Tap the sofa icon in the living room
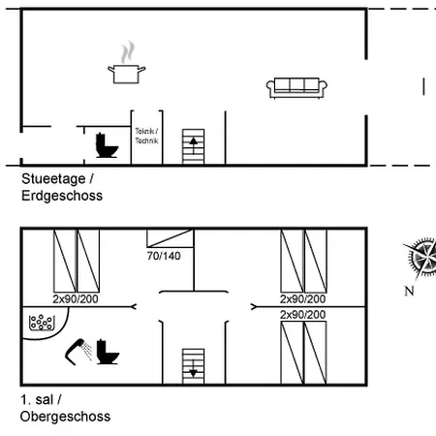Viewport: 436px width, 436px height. point(296,87)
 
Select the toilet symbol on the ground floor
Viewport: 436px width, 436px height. point(107,145)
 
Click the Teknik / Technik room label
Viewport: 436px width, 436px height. point(146,136)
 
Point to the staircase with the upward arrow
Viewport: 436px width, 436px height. point(193,147)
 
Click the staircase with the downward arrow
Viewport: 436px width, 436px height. point(193,366)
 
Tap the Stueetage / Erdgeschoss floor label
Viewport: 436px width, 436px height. point(62,187)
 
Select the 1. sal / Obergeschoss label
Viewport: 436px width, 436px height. point(65,408)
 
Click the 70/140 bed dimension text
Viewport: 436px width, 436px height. point(164,256)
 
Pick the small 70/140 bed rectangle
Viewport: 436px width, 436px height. point(171,238)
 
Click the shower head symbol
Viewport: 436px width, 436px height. point(78,352)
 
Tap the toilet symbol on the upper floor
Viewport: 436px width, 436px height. point(108,352)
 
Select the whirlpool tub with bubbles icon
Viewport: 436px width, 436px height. point(42,323)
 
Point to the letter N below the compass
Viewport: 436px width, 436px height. point(409,291)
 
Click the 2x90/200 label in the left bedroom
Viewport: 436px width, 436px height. point(76,299)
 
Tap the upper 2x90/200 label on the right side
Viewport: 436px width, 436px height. point(302,299)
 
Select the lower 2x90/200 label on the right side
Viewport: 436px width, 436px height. point(302,315)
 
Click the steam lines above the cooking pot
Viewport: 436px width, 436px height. point(128,52)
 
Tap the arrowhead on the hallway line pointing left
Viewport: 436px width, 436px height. point(133,306)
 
